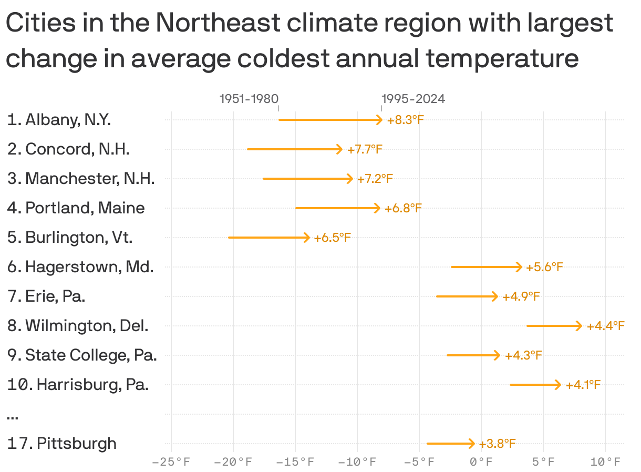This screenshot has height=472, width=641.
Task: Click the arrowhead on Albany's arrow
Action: coord(380,120)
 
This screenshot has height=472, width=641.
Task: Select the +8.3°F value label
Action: coord(405,120)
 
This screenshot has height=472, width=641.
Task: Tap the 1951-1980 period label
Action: coord(249,99)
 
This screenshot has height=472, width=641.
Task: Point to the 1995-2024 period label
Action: coord(413,99)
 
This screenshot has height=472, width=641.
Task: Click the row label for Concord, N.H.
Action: coord(68,149)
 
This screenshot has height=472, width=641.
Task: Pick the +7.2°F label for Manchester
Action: coord(375,179)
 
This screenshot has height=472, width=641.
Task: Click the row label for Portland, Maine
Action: coord(76,208)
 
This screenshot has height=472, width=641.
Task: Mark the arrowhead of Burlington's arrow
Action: coord(307,238)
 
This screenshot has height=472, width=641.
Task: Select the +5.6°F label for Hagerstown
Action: coord(545,268)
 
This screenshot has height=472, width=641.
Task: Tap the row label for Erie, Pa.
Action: coord(46,296)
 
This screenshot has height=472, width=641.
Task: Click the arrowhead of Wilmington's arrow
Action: coord(579,326)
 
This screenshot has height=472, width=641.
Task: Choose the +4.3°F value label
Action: coord(523,356)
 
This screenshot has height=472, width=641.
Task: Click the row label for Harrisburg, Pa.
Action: coord(78,385)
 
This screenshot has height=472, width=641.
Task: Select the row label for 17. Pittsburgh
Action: coord(62,444)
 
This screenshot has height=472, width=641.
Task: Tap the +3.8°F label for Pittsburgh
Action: coord(497,444)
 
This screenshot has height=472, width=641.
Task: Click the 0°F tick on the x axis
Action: coord(481,463)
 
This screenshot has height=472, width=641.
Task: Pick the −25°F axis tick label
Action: coord(171,463)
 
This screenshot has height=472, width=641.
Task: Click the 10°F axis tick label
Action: coord(605,463)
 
